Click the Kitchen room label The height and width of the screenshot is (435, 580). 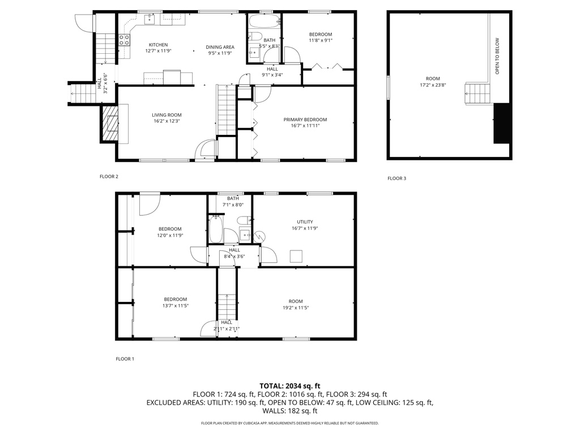pyautogui.click(x=158, y=45)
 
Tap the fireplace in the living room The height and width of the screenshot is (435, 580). pyautogui.click(x=110, y=122)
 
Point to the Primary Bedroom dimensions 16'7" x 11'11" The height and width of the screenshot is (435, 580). pyautogui.click(x=305, y=126)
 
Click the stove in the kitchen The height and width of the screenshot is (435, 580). pyautogui.click(x=124, y=40)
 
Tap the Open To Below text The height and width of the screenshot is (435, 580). pyautogui.click(x=497, y=56)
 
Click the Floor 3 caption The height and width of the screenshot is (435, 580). pyautogui.click(x=396, y=178)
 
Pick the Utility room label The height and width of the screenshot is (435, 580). pyautogui.click(x=305, y=222)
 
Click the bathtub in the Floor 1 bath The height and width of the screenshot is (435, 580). pyautogui.click(x=216, y=229)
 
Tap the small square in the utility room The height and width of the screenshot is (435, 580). pyautogui.click(x=296, y=256)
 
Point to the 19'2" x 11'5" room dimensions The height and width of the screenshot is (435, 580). pyautogui.click(x=295, y=308)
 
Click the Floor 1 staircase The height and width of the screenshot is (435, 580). pyautogui.click(x=227, y=306)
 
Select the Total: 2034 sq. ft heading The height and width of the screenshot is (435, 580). pyautogui.click(x=290, y=386)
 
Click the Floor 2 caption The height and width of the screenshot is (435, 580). pyautogui.click(x=109, y=177)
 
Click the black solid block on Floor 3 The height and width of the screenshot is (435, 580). pyautogui.click(x=502, y=123)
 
